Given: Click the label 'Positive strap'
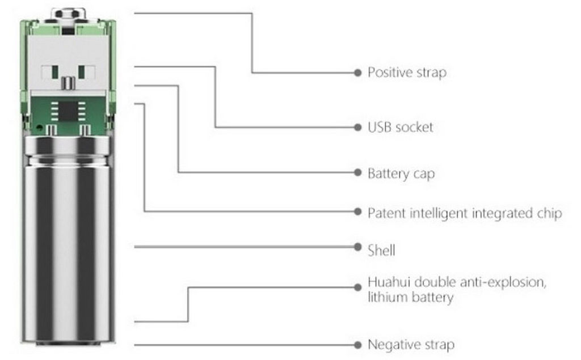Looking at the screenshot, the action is [407, 72].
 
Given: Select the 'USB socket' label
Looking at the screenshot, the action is [400, 127].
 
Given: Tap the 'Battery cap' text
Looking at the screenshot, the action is [401, 173].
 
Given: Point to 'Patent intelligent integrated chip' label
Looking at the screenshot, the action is [465, 213].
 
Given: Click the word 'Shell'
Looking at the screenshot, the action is [381, 251].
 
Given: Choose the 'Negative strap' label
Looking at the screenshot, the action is [411, 345].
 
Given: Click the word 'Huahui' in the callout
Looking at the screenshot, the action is [389, 282].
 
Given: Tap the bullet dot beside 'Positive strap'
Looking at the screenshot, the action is [357, 73].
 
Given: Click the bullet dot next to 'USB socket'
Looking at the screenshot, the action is [357, 128].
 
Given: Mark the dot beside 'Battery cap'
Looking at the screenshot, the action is [357, 172].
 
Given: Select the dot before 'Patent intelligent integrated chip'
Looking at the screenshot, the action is [357, 211].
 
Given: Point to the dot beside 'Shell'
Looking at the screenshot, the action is [357, 247].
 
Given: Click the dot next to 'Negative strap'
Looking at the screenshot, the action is [357, 345].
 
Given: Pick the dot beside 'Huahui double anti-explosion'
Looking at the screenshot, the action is [357, 287].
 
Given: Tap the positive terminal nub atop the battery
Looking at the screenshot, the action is [68, 14].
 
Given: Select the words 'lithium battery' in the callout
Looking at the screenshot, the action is [411, 298].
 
